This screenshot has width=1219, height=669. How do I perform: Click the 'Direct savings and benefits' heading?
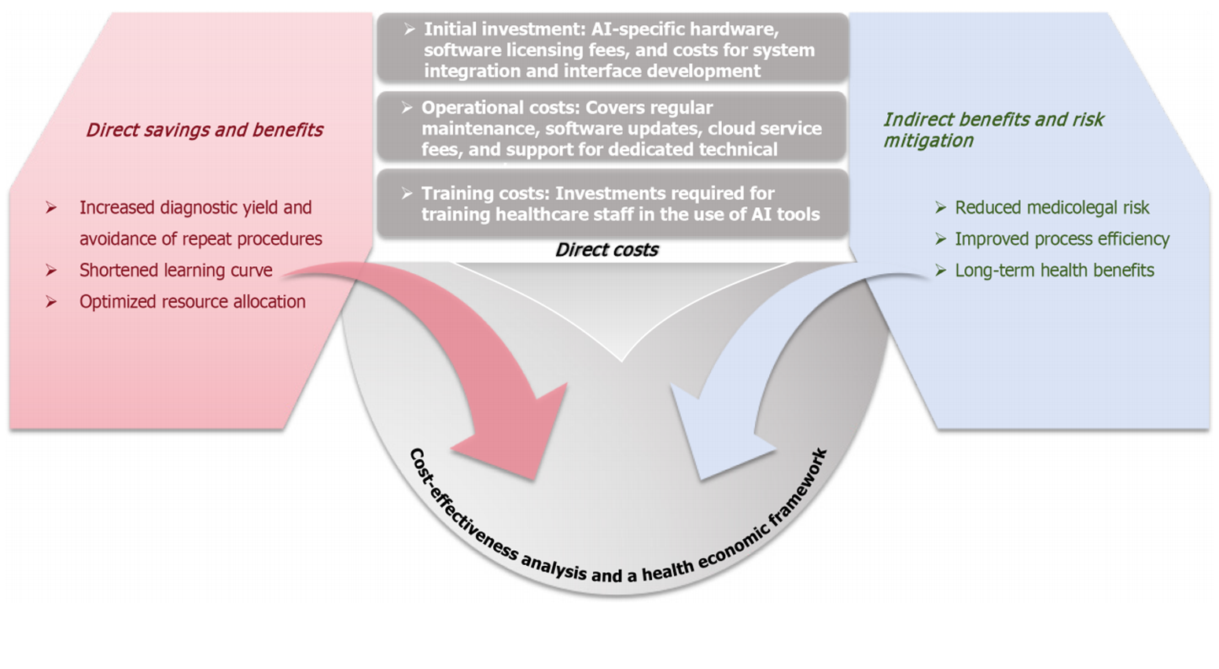coord(204,130)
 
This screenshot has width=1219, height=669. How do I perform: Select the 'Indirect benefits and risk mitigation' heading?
coord(993,130)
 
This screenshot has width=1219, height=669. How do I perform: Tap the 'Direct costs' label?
coord(606,250)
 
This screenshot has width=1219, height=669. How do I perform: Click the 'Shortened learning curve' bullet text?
coord(175,270)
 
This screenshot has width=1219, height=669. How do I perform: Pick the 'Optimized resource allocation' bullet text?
coord(192,301)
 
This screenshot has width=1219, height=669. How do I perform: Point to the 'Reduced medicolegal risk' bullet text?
coord(1051,208)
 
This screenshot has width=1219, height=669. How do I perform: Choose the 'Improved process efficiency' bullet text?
coord(1062,239)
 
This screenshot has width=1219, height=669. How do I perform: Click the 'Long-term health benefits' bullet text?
coord(1054,271)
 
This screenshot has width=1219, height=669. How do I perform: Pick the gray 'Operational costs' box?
coord(611,128)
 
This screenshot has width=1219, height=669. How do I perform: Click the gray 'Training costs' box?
coord(611,204)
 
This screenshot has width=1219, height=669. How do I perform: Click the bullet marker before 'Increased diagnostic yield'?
coord(51,208)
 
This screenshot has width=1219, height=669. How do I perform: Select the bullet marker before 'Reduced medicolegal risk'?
coord(941,208)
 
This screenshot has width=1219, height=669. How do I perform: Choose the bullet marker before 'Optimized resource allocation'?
coord(51,301)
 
